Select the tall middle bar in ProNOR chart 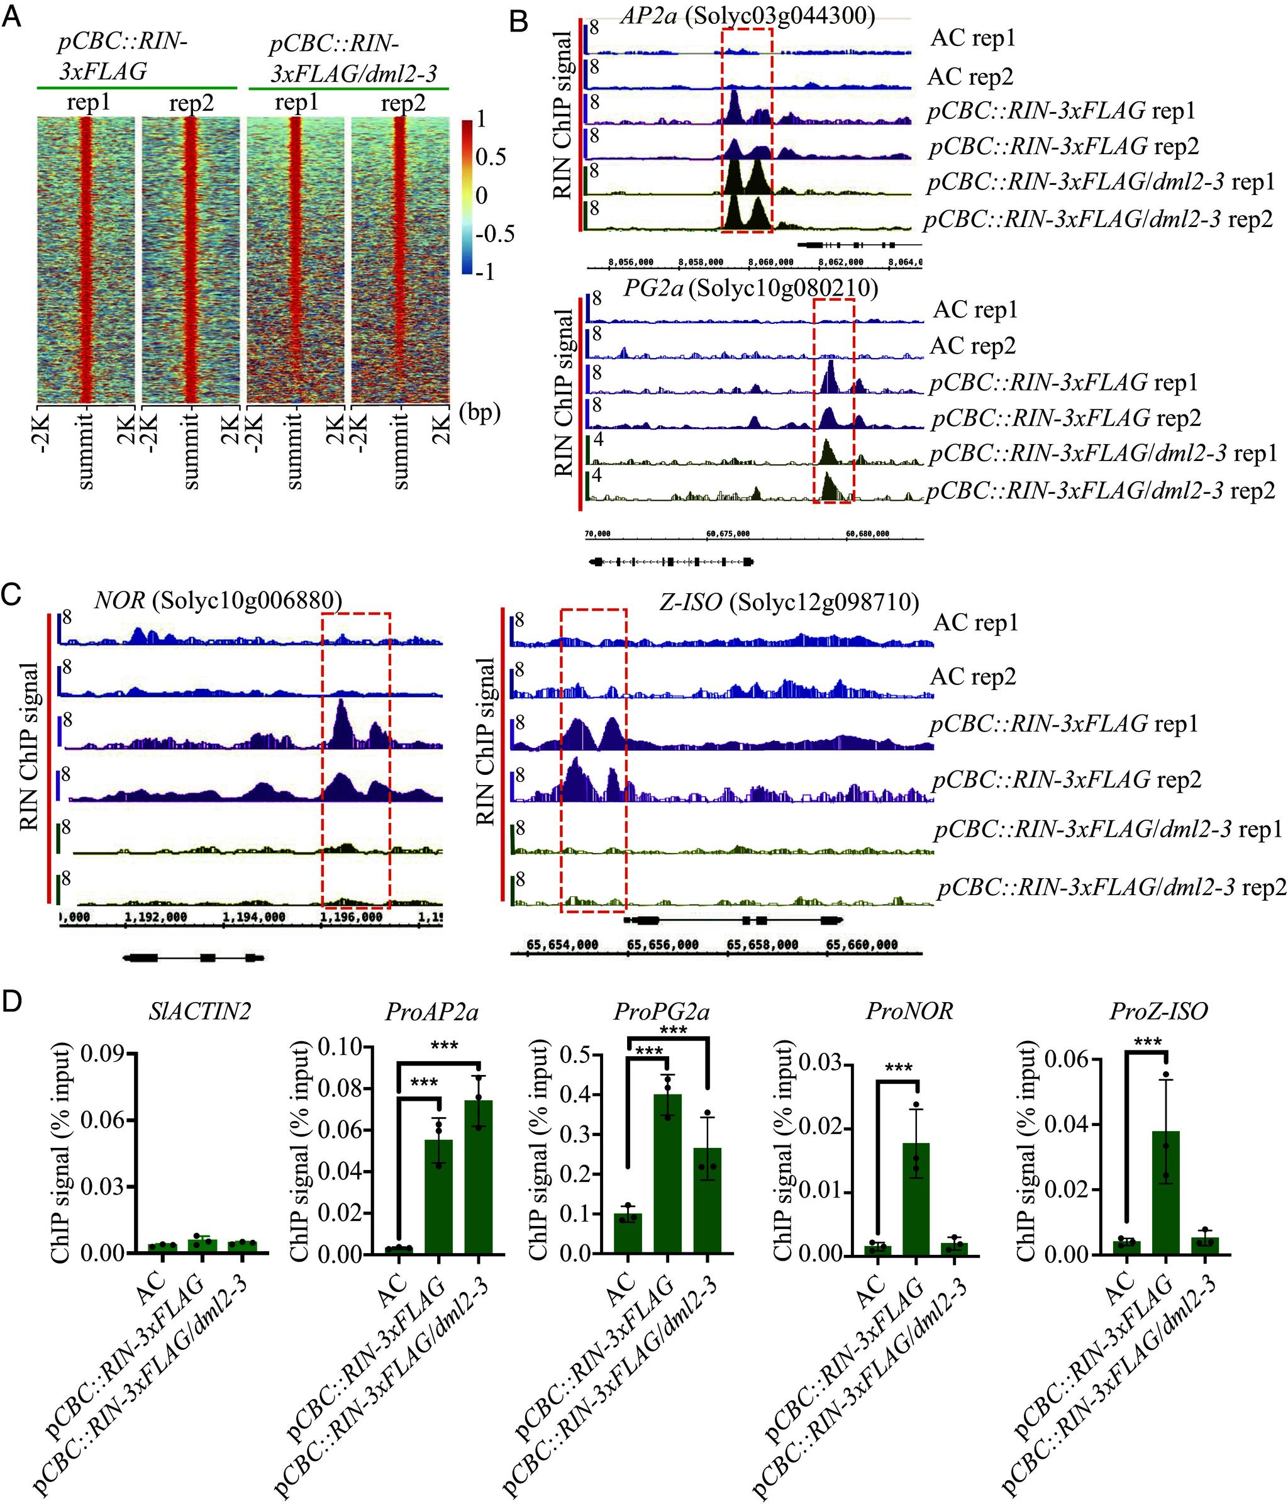(x=916, y=1198)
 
